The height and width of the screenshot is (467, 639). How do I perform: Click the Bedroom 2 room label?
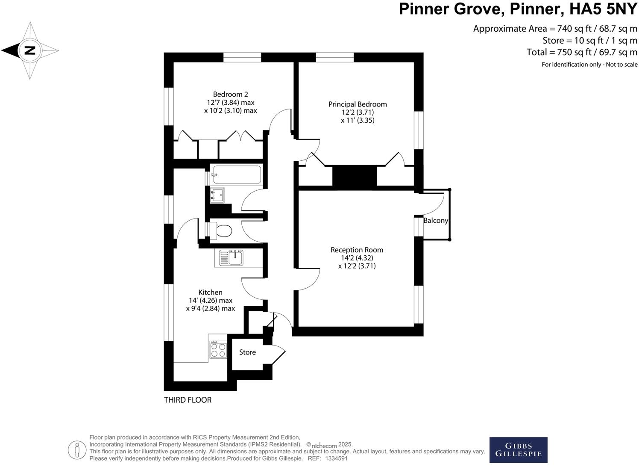click(230, 95)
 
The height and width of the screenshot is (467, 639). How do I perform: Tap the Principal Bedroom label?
click(358, 104)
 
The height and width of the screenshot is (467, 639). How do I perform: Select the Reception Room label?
click(357, 250)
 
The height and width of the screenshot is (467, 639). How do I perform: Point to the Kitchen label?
click(210, 293)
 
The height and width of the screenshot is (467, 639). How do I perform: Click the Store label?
click(247, 352)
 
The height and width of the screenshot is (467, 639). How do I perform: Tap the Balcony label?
click(436, 221)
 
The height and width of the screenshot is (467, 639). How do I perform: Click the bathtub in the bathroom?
click(236, 174)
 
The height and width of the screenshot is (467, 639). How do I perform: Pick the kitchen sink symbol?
click(232, 258)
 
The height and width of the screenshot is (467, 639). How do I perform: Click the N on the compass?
click(29, 50)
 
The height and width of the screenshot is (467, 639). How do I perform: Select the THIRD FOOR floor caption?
click(188, 400)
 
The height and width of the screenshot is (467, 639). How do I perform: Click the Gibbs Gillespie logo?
click(518, 450)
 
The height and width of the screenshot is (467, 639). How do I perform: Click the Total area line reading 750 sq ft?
click(582, 52)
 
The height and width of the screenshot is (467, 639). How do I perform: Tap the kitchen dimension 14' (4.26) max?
click(211, 301)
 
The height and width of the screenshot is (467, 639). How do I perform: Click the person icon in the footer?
click(77, 449)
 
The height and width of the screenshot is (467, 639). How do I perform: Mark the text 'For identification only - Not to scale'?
click(589, 65)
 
